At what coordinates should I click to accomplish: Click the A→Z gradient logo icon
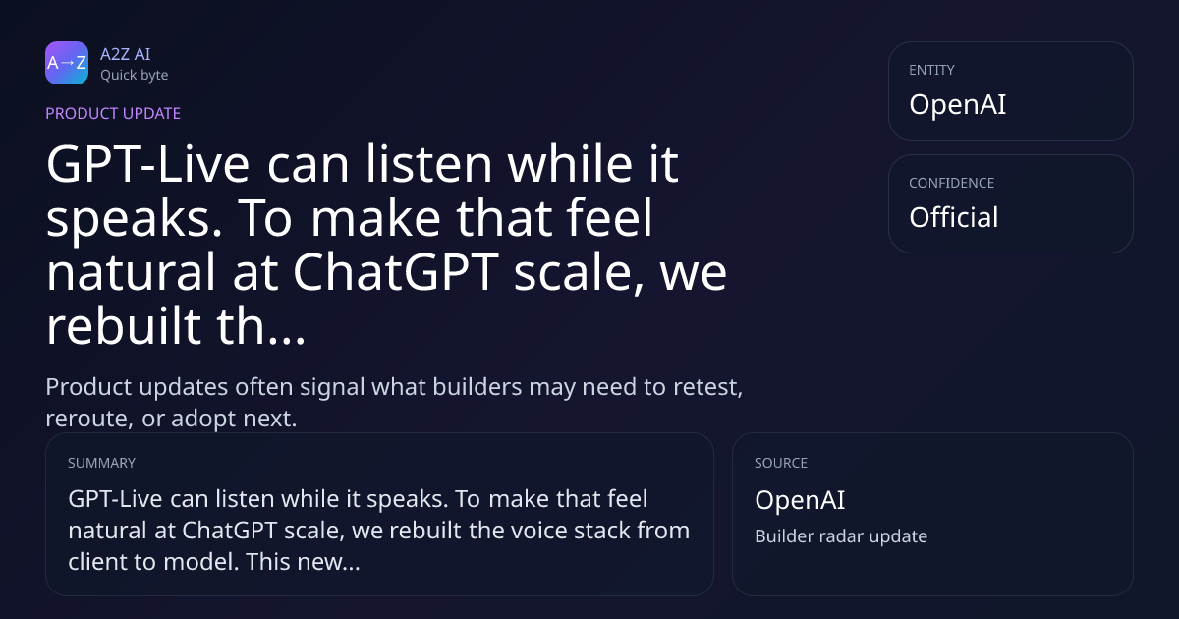click(67, 63)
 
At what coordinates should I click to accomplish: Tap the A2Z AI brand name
click(126, 54)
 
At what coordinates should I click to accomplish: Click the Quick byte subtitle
click(135, 76)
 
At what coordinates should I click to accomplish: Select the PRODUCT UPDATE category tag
click(113, 113)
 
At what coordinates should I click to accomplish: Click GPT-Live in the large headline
click(148, 164)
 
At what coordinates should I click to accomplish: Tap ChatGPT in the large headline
click(396, 272)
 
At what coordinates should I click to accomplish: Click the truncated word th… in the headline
click(261, 325)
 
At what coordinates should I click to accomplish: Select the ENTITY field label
click(931, 70)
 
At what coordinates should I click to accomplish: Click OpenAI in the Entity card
click(957, 104)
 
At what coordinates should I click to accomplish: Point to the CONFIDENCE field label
click(952, 183)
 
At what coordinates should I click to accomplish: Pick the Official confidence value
click(954, 217)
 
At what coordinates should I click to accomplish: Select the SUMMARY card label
click(101, 463)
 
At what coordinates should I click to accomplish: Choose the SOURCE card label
click(781, 463)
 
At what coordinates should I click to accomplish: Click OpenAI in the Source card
click(800, 500)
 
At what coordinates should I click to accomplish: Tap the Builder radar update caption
click(841, 536)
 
